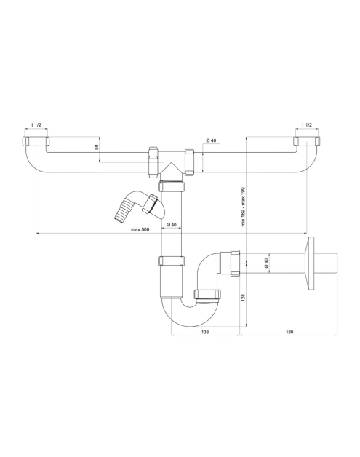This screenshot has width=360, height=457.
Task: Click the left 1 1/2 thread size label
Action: click(x=36, y=125)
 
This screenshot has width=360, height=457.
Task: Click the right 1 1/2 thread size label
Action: click(x=307, y=125)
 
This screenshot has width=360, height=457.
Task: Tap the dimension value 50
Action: click(x=97, y=147)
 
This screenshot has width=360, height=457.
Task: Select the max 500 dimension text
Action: click(x=140, y=230)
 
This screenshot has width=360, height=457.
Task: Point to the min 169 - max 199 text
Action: click(x=244, y=207)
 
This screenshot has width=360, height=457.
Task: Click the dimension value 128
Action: click(x=244, y=297)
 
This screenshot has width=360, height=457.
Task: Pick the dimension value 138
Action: click(x=205, y=332)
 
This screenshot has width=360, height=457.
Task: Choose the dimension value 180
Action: click(x=289, y=332)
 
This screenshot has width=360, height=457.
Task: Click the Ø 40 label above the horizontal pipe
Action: click(x=211, y=140)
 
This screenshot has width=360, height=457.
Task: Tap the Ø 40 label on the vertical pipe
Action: click(x=172, y=224)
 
